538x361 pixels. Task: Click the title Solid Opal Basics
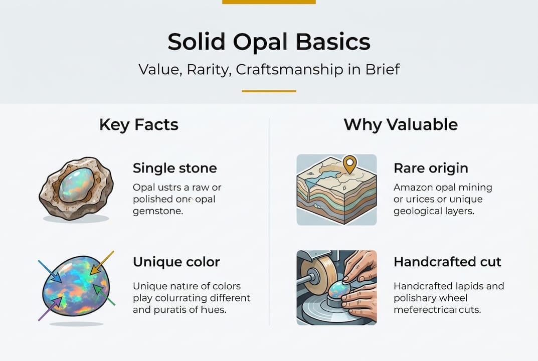tap(269, 42)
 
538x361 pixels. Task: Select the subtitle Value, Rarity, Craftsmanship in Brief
tap(269, 69)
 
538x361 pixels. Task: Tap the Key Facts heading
tap(138, 124)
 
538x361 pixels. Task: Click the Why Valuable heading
tap(400, 124)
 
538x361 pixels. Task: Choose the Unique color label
tap(176, 262)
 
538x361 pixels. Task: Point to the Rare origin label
tap(431, 168)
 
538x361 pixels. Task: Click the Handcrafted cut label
tap(447, 262)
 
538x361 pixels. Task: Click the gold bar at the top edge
tap(269, 2)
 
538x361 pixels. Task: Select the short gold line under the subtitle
tap(269, 91)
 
